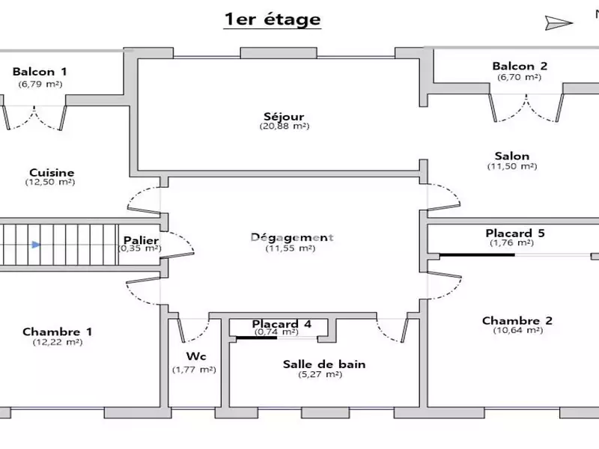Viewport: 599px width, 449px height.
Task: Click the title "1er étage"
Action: coord(272,19)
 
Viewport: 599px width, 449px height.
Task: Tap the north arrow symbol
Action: coord(559,23)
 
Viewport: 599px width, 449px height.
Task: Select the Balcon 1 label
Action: coord(40,71)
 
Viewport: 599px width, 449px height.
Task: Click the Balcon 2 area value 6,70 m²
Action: coord(519,77)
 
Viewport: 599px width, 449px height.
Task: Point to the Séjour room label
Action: coord(284,117)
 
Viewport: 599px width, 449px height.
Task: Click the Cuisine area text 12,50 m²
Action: coord(50,182)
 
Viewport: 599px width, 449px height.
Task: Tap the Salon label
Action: coord(512,156)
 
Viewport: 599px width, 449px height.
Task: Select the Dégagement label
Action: coord(292,237)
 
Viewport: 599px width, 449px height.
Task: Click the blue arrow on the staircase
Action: coord(36,245)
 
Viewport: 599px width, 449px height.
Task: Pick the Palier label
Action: coord(141,240)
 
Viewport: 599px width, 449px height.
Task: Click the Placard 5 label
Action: coord(515,233)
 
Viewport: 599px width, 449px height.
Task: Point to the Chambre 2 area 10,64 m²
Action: coord(518,330)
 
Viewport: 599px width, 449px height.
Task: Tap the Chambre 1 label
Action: coord(58,332)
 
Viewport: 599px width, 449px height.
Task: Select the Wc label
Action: coord(196,356)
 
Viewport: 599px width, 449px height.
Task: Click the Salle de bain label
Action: coord(324,364)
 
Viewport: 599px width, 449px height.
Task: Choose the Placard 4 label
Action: coord(282,324)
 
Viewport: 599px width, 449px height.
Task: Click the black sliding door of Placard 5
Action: coord(477,254)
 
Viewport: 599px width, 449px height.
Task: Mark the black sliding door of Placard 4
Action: coord(256,337)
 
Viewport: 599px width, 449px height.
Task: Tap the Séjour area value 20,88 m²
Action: coord(285,126)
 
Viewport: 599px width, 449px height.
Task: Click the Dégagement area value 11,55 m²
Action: coord(291,248)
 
